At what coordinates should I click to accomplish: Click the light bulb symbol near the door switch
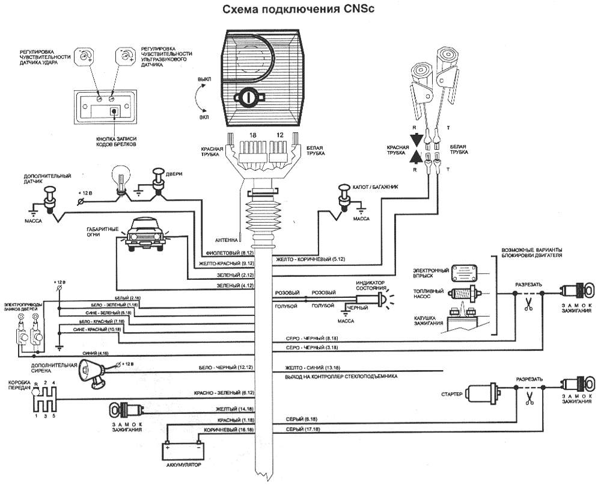tap(121, 178)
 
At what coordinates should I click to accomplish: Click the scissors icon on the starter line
tap(529, 398)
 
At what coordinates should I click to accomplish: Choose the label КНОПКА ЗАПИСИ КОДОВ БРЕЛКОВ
tap(114, 142)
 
